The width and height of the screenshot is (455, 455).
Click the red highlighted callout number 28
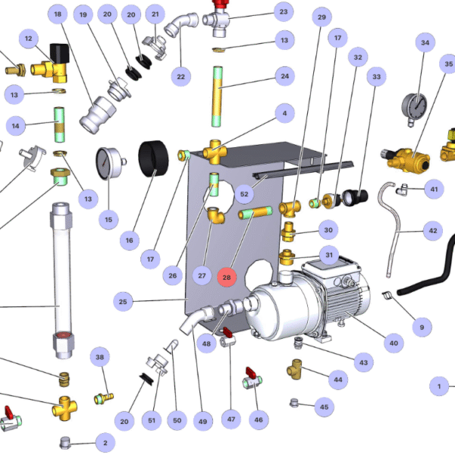227,278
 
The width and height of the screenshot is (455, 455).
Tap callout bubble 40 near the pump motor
393,344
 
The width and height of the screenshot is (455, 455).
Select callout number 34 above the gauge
425,43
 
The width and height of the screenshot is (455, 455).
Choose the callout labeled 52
244,194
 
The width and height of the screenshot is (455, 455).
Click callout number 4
285,114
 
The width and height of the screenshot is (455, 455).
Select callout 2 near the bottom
105,442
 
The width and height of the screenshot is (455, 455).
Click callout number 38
99,356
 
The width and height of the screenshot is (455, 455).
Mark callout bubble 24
285,76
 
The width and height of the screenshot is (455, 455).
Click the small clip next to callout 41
405,187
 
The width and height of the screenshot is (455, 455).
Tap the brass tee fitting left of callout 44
295,372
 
